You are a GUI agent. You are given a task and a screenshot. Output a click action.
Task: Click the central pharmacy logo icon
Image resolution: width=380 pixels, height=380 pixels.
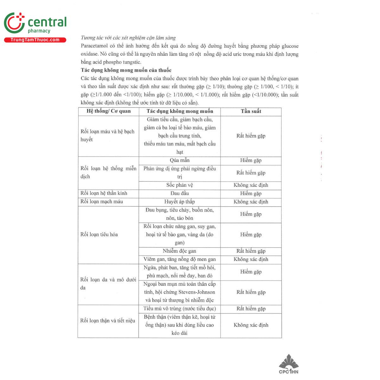(x=14, y=23)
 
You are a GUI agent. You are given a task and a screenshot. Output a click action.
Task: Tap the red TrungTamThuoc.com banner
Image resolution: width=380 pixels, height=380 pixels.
(x=35, y=40)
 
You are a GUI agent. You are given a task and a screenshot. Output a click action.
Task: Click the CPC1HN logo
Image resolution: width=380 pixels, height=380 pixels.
(x=288, y=364)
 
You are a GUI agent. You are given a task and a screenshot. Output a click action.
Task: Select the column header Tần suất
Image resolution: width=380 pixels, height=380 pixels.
(x=251, y=111)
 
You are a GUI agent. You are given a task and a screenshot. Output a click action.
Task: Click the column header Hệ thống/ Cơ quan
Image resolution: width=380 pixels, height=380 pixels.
(x=108, y=111)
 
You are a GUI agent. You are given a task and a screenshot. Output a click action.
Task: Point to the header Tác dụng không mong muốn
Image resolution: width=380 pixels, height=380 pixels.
(x=180, y=111)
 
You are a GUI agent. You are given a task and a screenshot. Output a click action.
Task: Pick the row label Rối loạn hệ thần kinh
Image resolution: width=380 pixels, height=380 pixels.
(x=104, y=193)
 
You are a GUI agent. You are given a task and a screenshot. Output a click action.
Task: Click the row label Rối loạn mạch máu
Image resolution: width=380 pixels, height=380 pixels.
(x=102, y=201)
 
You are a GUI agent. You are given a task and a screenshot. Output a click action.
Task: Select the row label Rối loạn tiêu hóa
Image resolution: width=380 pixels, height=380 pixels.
(x=99, y=234)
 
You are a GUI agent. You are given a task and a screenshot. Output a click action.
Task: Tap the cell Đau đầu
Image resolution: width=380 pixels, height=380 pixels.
(x=180, y=193)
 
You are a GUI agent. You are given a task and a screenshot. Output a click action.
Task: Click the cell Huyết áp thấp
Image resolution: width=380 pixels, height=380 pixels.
(x=180, y=202)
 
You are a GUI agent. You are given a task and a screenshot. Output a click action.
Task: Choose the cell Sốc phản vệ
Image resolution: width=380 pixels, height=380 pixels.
(x=180, y=185)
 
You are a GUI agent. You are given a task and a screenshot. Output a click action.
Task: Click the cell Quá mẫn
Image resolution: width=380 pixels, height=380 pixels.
(x=180, y=160)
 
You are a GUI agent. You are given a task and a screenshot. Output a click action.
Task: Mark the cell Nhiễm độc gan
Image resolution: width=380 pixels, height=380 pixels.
(x=180, y=251)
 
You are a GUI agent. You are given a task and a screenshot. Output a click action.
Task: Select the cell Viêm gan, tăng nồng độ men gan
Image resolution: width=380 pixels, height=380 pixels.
(x=180, y=259)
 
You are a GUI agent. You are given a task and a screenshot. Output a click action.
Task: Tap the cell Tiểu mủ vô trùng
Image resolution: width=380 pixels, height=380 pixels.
(x=180, y=309)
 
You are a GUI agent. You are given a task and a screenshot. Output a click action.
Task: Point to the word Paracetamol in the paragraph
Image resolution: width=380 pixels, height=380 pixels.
(x=94, y=46)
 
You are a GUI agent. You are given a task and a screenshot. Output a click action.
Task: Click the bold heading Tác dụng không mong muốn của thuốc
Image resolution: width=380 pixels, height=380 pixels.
(x=126, y=70)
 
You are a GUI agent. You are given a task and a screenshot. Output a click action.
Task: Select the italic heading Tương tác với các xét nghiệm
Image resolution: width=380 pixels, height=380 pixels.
(x=128, y=38)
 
